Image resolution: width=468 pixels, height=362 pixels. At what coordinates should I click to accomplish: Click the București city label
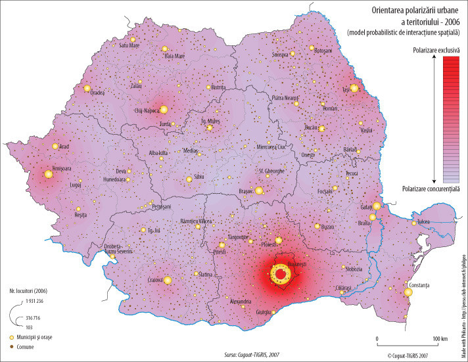[296, 263]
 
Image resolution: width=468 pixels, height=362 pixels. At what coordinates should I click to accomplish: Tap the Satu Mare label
[129, 45]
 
